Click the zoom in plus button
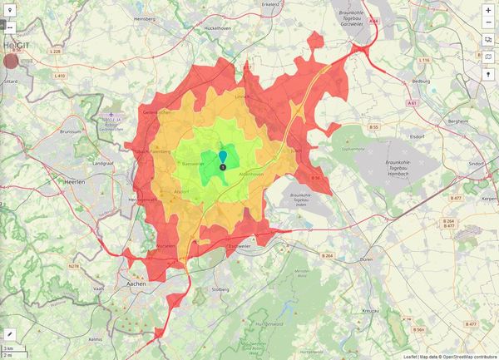coord(488,9)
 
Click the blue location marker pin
coord(223,158)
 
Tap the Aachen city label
coord(133,283)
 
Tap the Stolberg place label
coord(220,289)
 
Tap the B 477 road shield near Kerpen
coord(456,199)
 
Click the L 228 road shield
coord(56,52)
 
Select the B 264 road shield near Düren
coord(328,255)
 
